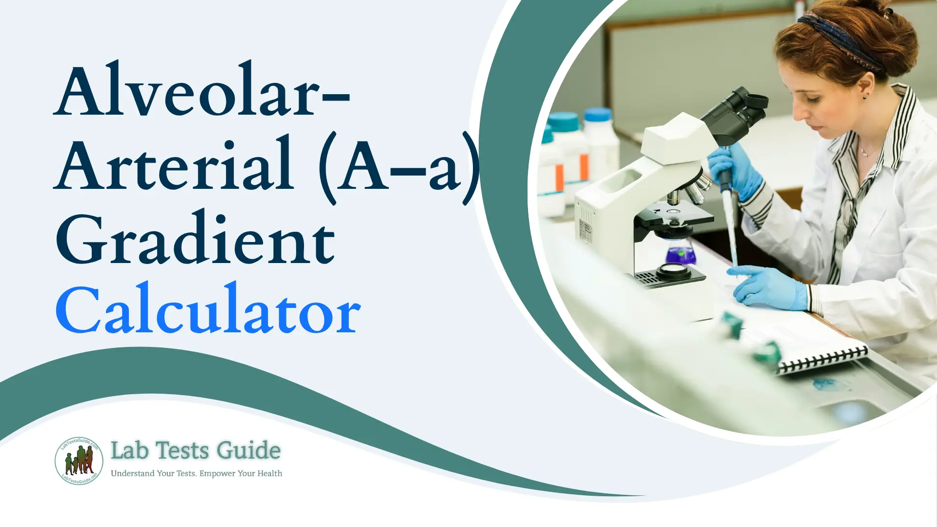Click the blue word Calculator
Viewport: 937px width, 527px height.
(208, 310)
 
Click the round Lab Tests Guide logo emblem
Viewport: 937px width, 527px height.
(79, 461)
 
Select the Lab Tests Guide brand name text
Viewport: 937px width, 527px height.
(195, 450)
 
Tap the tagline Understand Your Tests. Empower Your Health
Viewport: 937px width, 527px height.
(196, 473)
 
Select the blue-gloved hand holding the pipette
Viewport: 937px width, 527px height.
(734, 171)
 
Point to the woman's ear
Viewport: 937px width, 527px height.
(864, 88)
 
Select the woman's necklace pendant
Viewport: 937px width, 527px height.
(864, 154)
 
